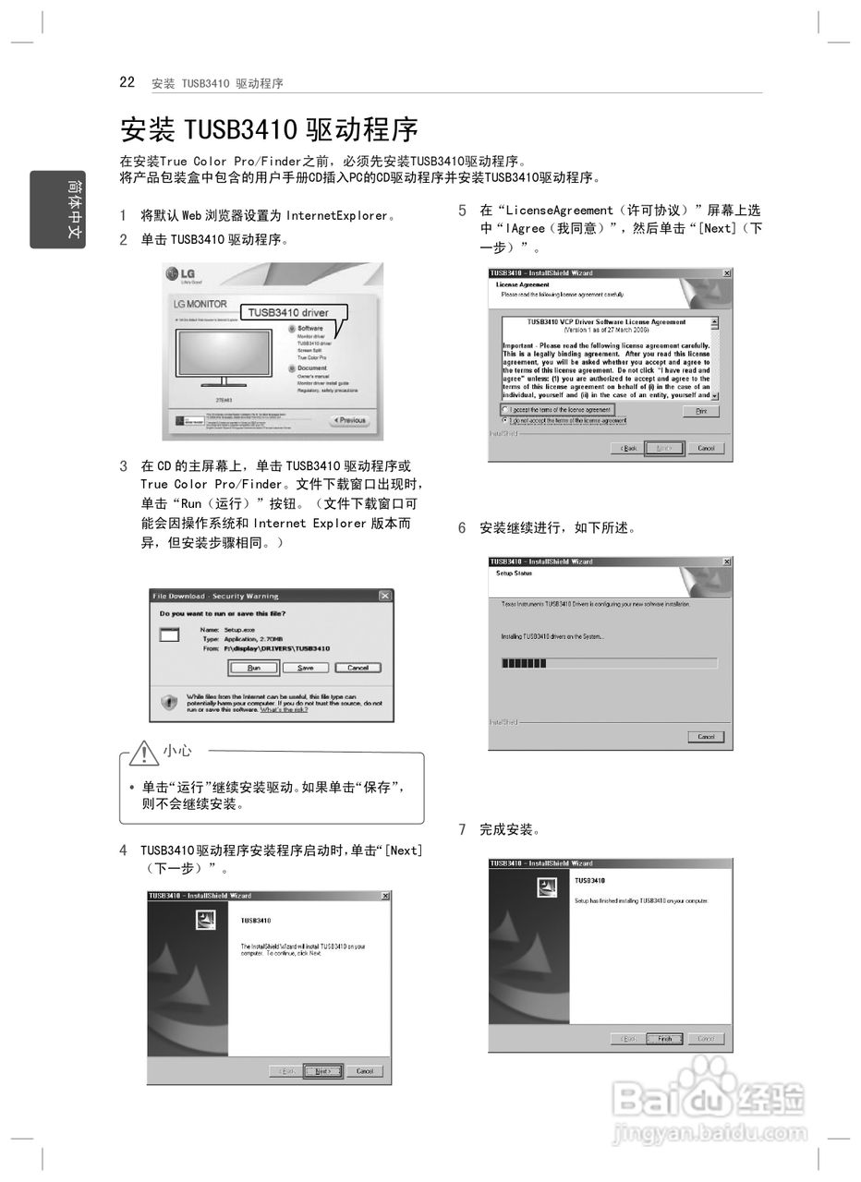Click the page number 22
127,82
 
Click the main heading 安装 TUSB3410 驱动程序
269,129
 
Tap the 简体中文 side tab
57,210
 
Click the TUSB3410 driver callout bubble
288,312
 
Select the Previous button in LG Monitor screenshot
349,420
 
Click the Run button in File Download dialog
254,668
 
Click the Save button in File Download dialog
306,668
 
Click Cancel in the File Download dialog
358,668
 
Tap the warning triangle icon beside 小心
143,753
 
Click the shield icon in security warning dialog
169,703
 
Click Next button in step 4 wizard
322,1071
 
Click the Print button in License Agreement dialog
700,411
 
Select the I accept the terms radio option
505,409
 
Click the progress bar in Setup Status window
608,663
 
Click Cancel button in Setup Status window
706,737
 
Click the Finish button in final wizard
664,1039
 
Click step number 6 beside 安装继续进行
463,528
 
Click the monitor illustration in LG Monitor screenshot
224,358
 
